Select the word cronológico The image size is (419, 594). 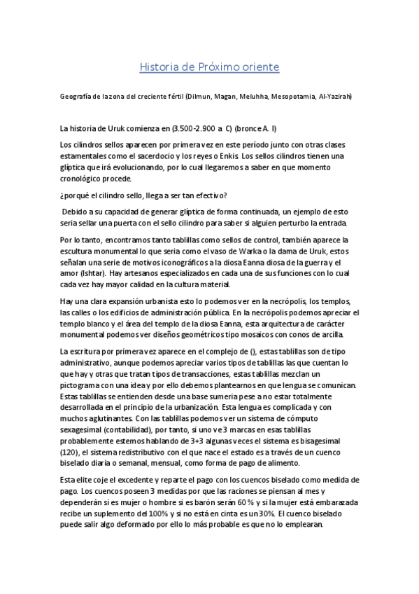(87, 179)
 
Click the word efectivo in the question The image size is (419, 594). (210, 194)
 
